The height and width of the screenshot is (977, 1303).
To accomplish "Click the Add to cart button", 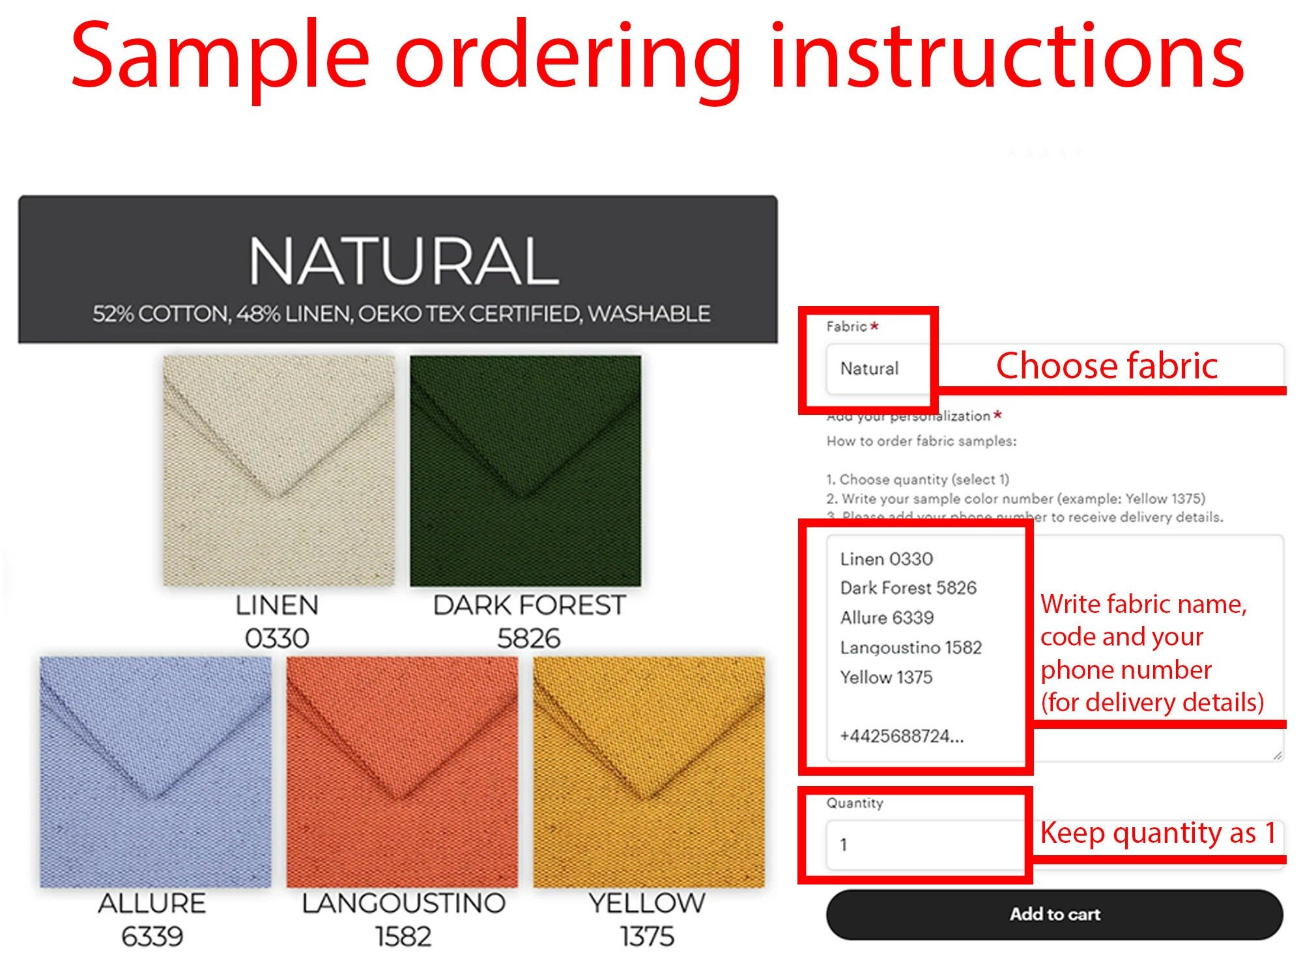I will (1054, 914).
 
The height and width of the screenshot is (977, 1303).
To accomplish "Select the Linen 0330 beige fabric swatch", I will (279, 470).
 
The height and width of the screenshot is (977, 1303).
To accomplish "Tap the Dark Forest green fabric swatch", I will (525, 470).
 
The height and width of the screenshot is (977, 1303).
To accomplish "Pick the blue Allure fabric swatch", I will (155, 771).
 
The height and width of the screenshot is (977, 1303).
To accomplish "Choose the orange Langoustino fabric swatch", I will (402, 771).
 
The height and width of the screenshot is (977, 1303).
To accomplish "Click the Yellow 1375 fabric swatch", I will (649, 771).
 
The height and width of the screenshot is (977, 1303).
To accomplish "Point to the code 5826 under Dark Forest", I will (528, 638).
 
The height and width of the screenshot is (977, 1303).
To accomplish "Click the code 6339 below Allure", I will (152, 937).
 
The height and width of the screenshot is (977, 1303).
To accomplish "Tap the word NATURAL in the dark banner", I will (404, 261).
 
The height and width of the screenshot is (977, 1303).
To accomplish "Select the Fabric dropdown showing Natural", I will (876, 369).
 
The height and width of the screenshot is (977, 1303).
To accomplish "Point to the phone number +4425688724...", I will (902, 737).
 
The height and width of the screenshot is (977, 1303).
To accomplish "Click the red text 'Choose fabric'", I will (1106, 365).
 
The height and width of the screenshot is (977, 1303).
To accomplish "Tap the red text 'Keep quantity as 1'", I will (1158, 833).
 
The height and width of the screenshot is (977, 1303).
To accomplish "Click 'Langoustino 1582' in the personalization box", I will (911, 647).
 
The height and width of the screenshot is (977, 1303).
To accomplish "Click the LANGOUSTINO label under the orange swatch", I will (403, 903).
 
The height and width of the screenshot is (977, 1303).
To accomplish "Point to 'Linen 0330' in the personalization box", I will (886, 559).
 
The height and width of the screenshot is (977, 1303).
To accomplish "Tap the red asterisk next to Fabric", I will (874, 326).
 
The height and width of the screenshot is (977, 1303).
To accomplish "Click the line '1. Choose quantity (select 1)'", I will (917, 479).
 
